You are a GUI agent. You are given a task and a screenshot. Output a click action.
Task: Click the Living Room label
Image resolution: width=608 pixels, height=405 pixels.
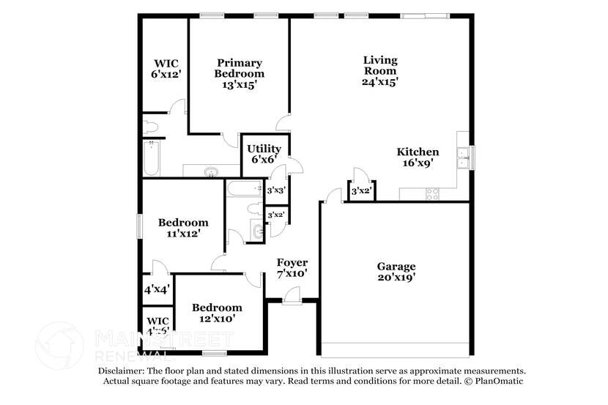pos(380,71)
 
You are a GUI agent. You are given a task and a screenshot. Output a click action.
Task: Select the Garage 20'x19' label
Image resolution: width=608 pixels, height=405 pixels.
pos(396,272)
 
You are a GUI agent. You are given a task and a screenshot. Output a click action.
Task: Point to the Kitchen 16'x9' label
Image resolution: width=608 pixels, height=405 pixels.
pos(418,157)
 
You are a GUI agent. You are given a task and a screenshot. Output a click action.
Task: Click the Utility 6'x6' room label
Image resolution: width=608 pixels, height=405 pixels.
pos(264,154)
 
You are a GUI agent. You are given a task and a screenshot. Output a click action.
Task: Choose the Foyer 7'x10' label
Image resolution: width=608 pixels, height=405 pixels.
pos(292,267)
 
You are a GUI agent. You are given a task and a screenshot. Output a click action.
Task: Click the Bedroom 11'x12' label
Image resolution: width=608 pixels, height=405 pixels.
pos(183,227)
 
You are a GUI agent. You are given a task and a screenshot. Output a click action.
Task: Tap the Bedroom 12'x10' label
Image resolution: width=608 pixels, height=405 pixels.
pos(217,313)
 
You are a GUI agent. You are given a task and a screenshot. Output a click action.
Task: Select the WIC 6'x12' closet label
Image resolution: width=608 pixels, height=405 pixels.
pos(166,69)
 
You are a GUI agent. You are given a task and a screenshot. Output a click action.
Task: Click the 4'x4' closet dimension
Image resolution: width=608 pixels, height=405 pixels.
pos(156,289)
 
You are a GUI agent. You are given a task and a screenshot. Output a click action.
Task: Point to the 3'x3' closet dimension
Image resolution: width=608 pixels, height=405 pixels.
pos(275,190)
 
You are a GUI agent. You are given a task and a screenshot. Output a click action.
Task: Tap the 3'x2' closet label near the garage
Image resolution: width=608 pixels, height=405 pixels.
pos(360,192)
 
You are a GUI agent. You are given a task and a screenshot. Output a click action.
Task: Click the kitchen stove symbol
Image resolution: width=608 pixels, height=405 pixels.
pos(432,194)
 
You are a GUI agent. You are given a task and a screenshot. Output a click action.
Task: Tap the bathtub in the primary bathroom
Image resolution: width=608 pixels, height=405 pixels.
pos(152,157)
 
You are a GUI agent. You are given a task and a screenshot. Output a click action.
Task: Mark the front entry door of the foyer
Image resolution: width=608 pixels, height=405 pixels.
pos(292,296)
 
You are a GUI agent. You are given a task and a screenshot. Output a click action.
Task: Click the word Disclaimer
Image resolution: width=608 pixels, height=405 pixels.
pos(122,371)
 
